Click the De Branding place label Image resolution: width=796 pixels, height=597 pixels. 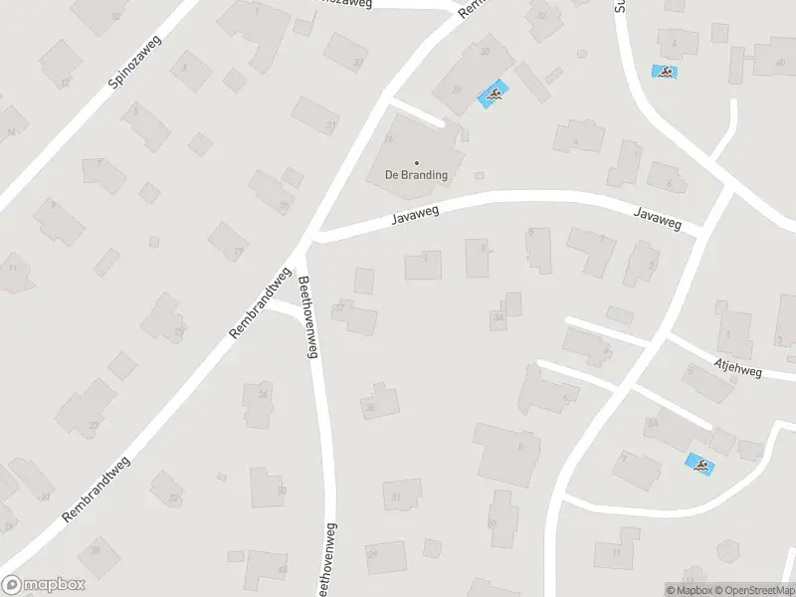point(416,175)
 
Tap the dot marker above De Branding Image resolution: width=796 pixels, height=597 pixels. point(416,162)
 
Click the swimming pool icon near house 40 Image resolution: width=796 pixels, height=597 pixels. point(664,72)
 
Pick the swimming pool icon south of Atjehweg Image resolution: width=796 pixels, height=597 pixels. point(699,464)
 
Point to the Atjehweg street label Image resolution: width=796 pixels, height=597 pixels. point(737,368)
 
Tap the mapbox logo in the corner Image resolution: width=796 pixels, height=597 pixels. point(43,584)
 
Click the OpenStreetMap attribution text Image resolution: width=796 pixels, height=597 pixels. point(752,590)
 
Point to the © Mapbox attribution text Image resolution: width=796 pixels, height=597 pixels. point(690,590)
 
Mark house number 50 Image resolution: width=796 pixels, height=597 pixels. point(282,491)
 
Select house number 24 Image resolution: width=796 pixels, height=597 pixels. point(263,395)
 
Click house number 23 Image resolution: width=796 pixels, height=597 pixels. point(94,425)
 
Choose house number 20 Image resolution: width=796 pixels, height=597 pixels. point(97,548)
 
